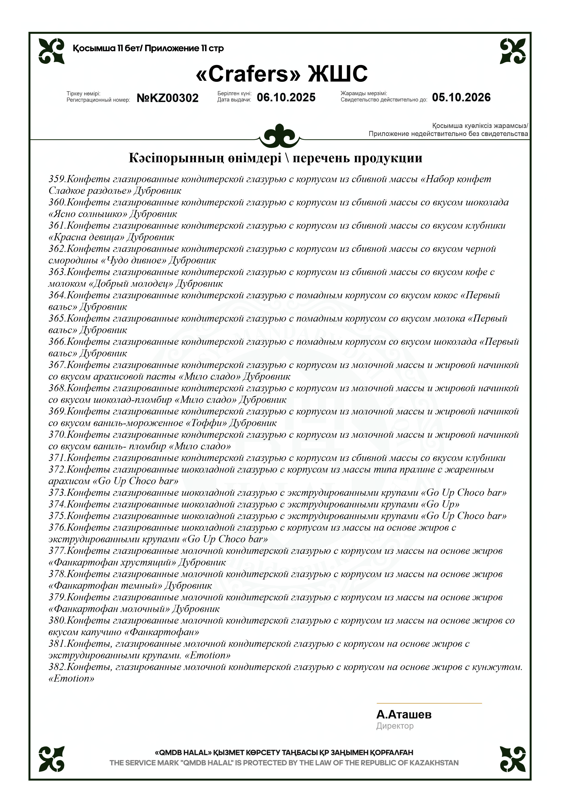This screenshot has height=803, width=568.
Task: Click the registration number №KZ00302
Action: [168, 98]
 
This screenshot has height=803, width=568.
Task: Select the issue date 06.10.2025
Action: [286, 97]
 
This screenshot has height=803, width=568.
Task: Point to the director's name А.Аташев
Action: [404, 714]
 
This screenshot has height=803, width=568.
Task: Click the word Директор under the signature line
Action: [395, 726]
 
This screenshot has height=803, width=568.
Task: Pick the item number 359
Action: [57, 179]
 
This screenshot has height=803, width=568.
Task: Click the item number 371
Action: [57, 458]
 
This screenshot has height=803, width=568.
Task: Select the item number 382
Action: [57, 667]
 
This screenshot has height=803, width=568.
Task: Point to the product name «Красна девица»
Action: [86, 237]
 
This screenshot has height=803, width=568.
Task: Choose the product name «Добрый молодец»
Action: [131, 284]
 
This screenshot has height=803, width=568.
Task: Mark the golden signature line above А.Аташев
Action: [429, 703]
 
